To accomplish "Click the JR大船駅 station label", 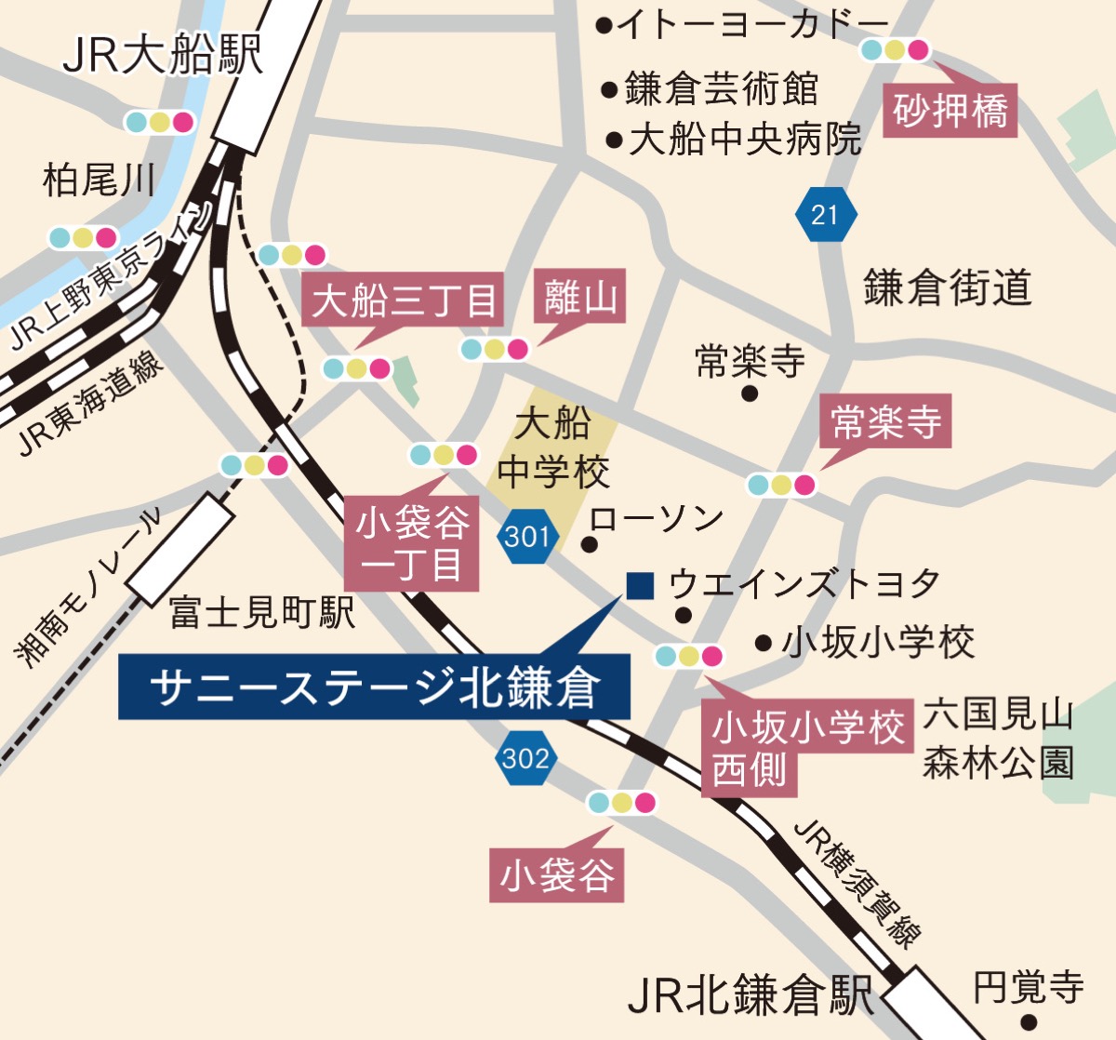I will click(163, 54).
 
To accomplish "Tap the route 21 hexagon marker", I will click(825, 215).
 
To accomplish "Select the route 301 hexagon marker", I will click(527, 537).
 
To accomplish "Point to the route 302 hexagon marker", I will click(525, 758).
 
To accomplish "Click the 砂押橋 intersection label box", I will click(950, 111).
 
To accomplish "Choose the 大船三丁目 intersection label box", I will click(403, 300).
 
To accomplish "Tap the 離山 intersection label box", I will click(580, 298).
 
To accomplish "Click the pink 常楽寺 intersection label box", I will click(885, 423).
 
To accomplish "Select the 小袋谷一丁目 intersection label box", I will click(411, 543).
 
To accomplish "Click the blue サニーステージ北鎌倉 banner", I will click(374, 687).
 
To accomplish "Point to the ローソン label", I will click(657, 519).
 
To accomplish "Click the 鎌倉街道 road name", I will click(947, 287).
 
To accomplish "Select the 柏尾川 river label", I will click(99, 179).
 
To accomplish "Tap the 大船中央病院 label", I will click(745, 140).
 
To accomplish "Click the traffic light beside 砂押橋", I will click(895, 49).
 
